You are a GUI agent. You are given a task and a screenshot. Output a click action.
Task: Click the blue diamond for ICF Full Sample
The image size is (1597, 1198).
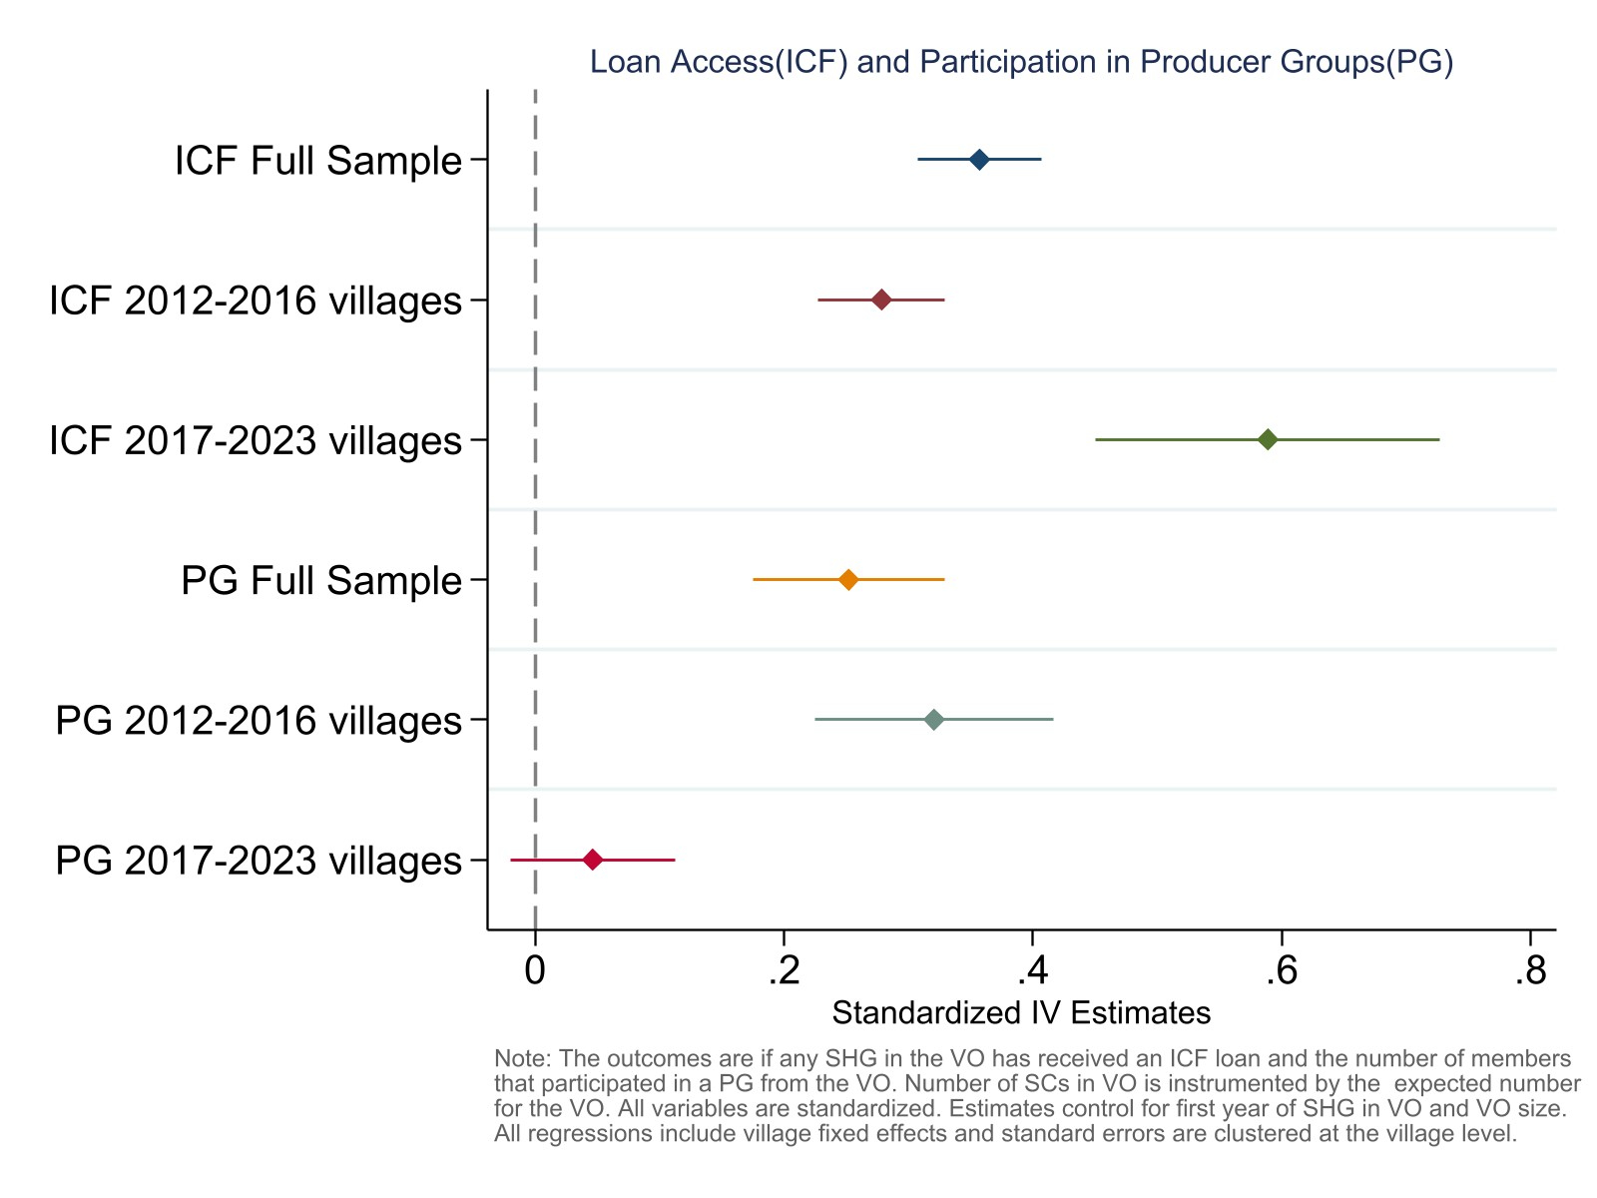tap(979, 160)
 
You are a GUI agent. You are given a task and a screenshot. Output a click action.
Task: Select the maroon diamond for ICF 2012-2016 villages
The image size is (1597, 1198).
tap(881, 299)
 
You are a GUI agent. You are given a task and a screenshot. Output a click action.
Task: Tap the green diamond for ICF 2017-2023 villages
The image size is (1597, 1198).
tap(1268, 439)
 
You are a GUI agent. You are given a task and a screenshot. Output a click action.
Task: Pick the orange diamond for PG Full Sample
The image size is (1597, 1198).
tap(848, 579)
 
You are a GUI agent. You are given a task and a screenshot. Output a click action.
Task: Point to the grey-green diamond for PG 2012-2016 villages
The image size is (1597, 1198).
tap(934, 719)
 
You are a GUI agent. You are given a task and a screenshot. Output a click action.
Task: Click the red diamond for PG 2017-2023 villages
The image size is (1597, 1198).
tap(593, 860)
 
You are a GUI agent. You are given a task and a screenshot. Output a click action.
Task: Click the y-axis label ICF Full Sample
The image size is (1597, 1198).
tap(318, 161)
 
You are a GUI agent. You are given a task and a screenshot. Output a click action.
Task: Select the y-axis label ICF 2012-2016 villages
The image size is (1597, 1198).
tap(256, 300)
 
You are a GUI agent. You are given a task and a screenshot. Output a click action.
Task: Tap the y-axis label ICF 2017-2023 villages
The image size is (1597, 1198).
tap(256, 440)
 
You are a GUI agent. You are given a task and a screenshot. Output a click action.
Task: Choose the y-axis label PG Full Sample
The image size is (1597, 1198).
tap(321, 580)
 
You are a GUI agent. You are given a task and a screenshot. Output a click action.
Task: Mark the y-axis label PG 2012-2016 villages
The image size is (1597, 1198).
tap(259, 720)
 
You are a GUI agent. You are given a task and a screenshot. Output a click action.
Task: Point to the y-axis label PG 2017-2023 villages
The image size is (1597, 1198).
tap(259, 861)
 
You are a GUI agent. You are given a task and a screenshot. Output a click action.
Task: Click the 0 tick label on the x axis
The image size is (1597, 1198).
tap(535, 969)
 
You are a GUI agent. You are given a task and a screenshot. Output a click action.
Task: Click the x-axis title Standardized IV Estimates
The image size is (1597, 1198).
tap(1021, 1013)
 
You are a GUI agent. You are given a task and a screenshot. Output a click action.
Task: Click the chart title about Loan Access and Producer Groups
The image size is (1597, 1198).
tap(1021, 62)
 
